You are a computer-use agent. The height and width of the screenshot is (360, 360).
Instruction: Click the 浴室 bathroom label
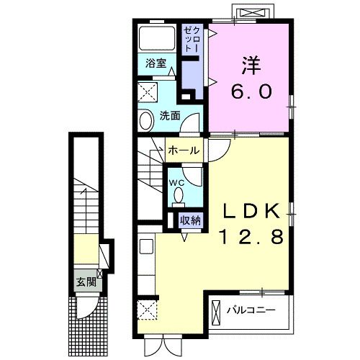point(156,63)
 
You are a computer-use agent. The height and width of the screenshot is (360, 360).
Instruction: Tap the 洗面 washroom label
point(170,116)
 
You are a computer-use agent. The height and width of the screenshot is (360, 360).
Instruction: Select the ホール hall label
point(184,150)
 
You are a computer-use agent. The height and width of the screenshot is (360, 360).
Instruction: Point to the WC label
point(176,183)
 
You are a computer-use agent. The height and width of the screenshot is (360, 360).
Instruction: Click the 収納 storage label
point(190,220)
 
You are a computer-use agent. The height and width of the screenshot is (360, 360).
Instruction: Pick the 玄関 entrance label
point(86,282)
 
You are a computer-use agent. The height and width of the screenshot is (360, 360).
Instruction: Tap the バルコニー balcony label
point(251,310)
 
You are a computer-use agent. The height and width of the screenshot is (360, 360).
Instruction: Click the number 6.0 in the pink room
point(251,91)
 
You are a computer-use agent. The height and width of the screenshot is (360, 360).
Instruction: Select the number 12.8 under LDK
point(251,236)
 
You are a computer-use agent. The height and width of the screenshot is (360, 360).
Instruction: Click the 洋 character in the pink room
point(251,66)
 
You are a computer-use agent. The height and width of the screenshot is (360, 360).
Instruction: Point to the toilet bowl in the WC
point(178,196)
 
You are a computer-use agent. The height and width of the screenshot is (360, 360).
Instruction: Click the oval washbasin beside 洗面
point(146,121)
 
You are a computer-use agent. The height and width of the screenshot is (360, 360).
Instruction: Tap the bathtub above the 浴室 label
point(157,38)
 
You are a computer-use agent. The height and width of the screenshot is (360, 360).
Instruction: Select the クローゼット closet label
point(192,39)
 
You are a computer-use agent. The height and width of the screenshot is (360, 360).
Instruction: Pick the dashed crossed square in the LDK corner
point(147,310)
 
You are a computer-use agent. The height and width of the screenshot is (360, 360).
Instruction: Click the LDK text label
point(251,211)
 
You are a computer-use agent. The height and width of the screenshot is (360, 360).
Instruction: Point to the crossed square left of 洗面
point(148,92)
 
